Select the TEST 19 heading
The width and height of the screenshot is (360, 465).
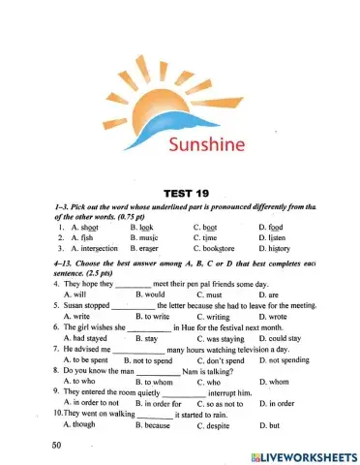(180, 194)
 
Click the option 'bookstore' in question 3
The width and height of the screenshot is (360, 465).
(218, 250)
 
